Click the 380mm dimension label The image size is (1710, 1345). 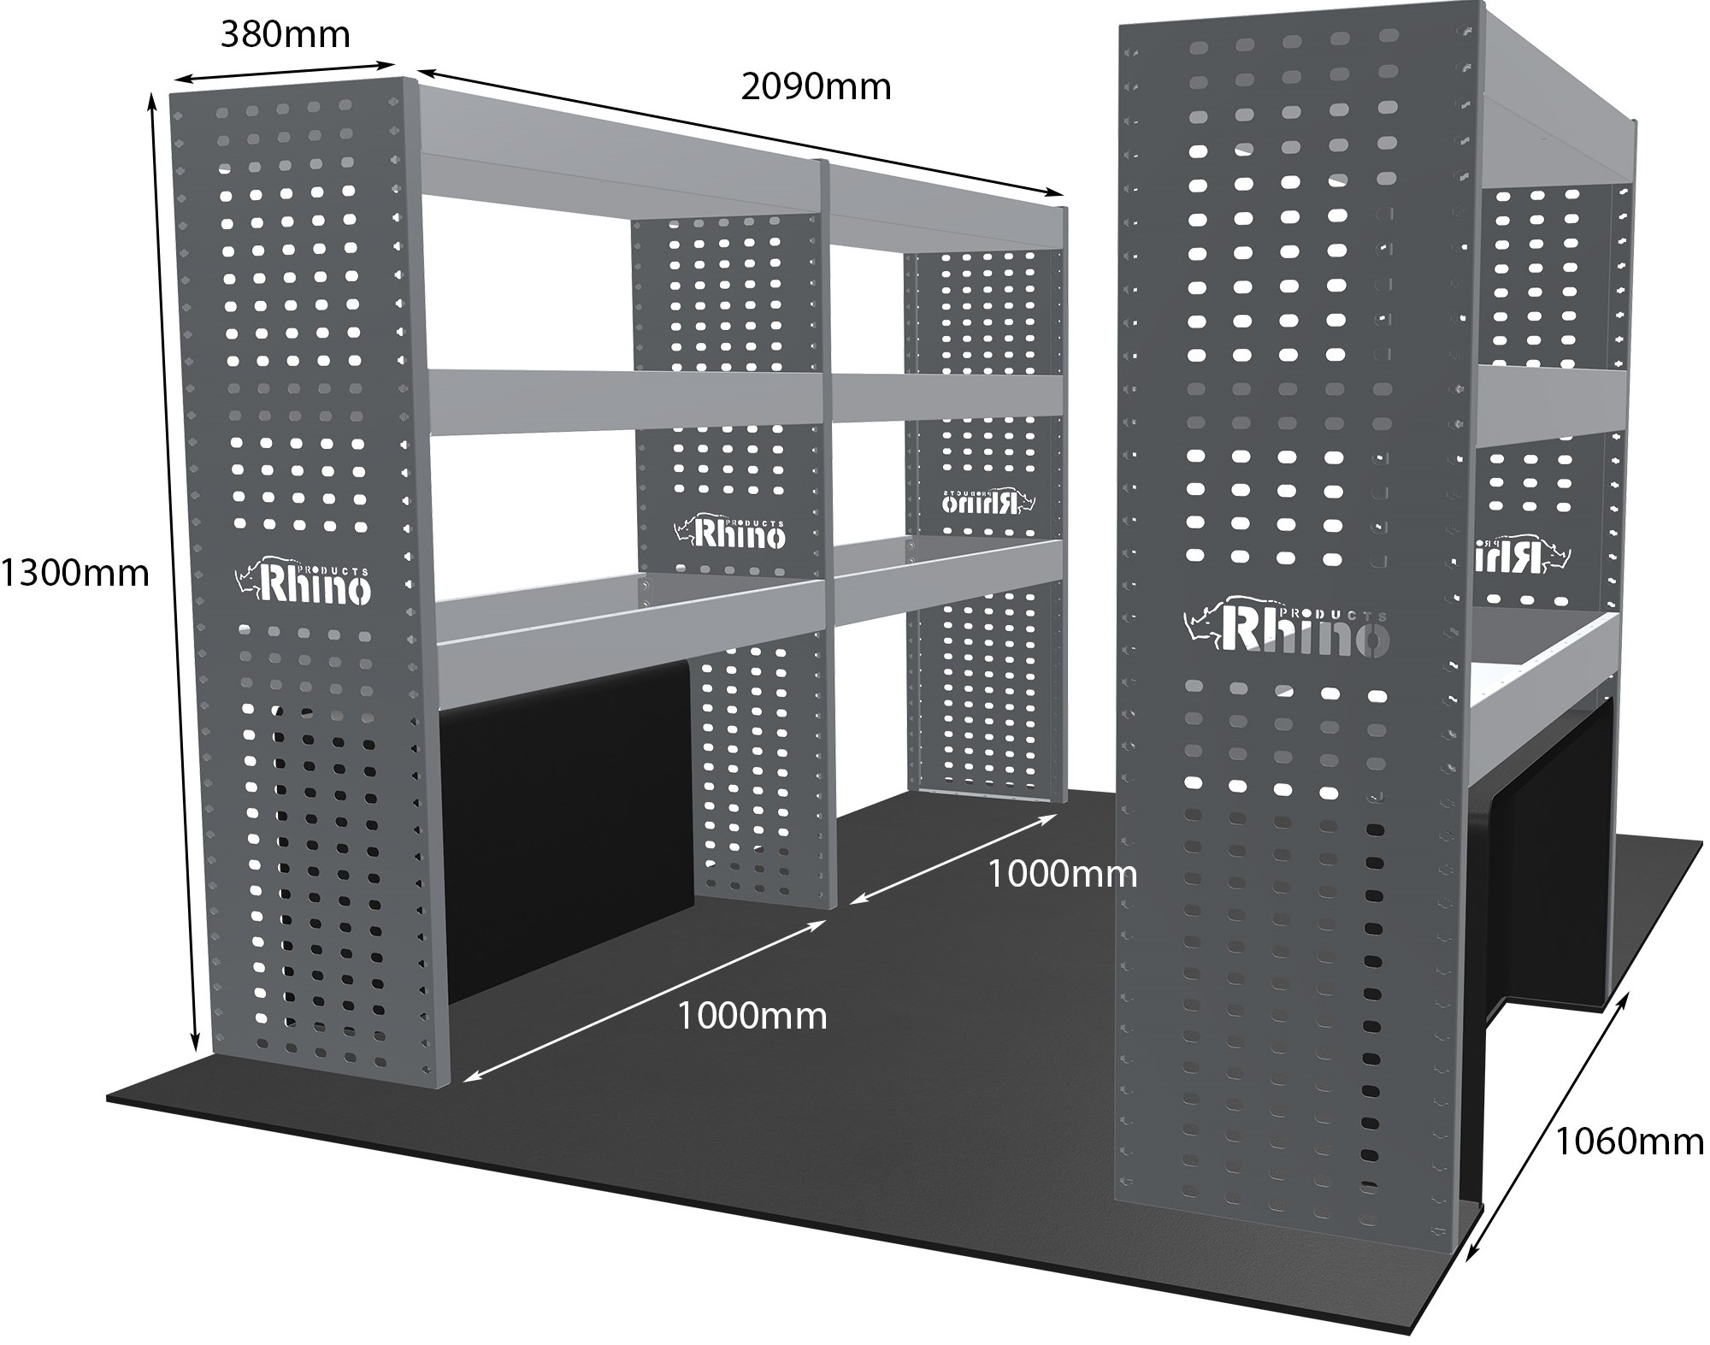(286, 35)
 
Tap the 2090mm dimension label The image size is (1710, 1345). (816, 86)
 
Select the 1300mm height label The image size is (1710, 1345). (75, 572)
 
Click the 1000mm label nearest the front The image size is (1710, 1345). (752, 1016)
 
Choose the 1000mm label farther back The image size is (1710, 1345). (1062, 874)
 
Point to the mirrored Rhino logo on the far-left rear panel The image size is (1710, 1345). (988, 501)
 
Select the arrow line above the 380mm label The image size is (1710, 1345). (284, 72)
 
